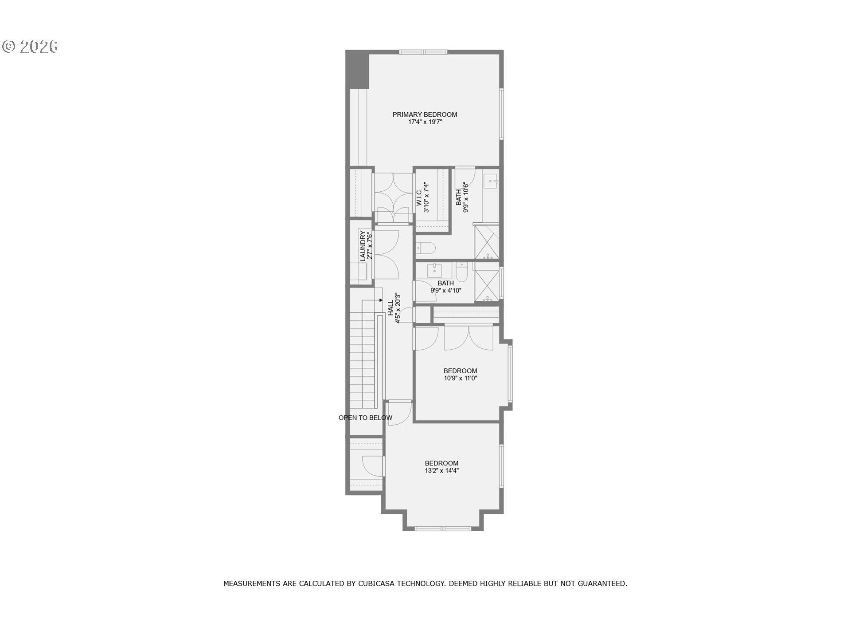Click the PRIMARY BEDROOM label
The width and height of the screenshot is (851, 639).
tap(425, 114)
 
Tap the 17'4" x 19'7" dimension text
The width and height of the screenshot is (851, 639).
tap(425, 122)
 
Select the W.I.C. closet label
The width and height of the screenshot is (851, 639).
tap(419, 197)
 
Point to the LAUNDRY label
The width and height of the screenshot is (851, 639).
tap(363, 246)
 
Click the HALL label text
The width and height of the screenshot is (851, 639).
tap(390, 308)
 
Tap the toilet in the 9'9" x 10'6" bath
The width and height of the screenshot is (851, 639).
tap(426, 248)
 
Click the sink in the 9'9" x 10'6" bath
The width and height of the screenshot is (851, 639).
tap(491, 180)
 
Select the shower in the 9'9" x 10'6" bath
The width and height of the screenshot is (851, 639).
tap(487, 242)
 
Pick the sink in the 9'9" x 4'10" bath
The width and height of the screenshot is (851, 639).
tap(434, 270)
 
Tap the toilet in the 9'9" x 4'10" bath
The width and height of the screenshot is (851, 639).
tap(462, 272)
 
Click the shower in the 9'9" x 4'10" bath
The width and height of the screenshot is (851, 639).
tap(487, 282)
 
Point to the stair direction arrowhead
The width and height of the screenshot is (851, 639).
tap(381, 300)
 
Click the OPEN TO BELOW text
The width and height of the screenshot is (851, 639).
tap(365, 418)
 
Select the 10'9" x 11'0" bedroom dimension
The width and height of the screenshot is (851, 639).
tap(461, 379)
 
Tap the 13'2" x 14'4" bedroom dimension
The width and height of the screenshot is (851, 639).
tap(442, 471)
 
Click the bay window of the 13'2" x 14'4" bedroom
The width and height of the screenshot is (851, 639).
tap(443, 528)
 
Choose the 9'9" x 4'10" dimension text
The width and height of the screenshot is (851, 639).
tap(446, 291)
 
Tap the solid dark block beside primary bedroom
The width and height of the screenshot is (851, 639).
tap(357, 70)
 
